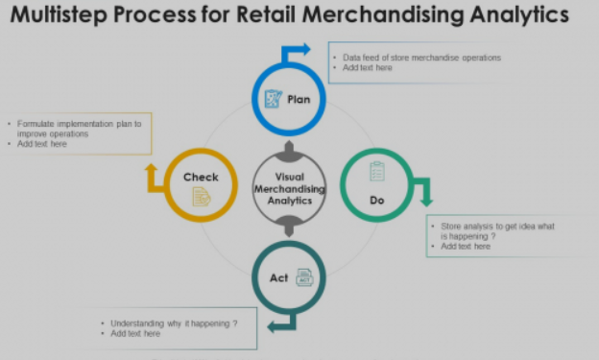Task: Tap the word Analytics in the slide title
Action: click(514, 16)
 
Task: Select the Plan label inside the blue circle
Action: click(299, 98)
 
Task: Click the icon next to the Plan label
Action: click(273, 98)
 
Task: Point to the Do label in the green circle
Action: click(377, 200)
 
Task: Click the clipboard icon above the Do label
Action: click(377, 171)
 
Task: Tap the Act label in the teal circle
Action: click(278, 277)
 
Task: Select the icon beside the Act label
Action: click(303, 277)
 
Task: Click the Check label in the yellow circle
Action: click(201, 177)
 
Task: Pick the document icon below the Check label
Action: click(201, 196)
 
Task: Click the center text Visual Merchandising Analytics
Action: click(289, 189)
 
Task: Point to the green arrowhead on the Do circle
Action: click(425, 200)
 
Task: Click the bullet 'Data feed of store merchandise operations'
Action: click(421, 58)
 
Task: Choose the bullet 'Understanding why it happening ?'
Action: click(174, 324)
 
